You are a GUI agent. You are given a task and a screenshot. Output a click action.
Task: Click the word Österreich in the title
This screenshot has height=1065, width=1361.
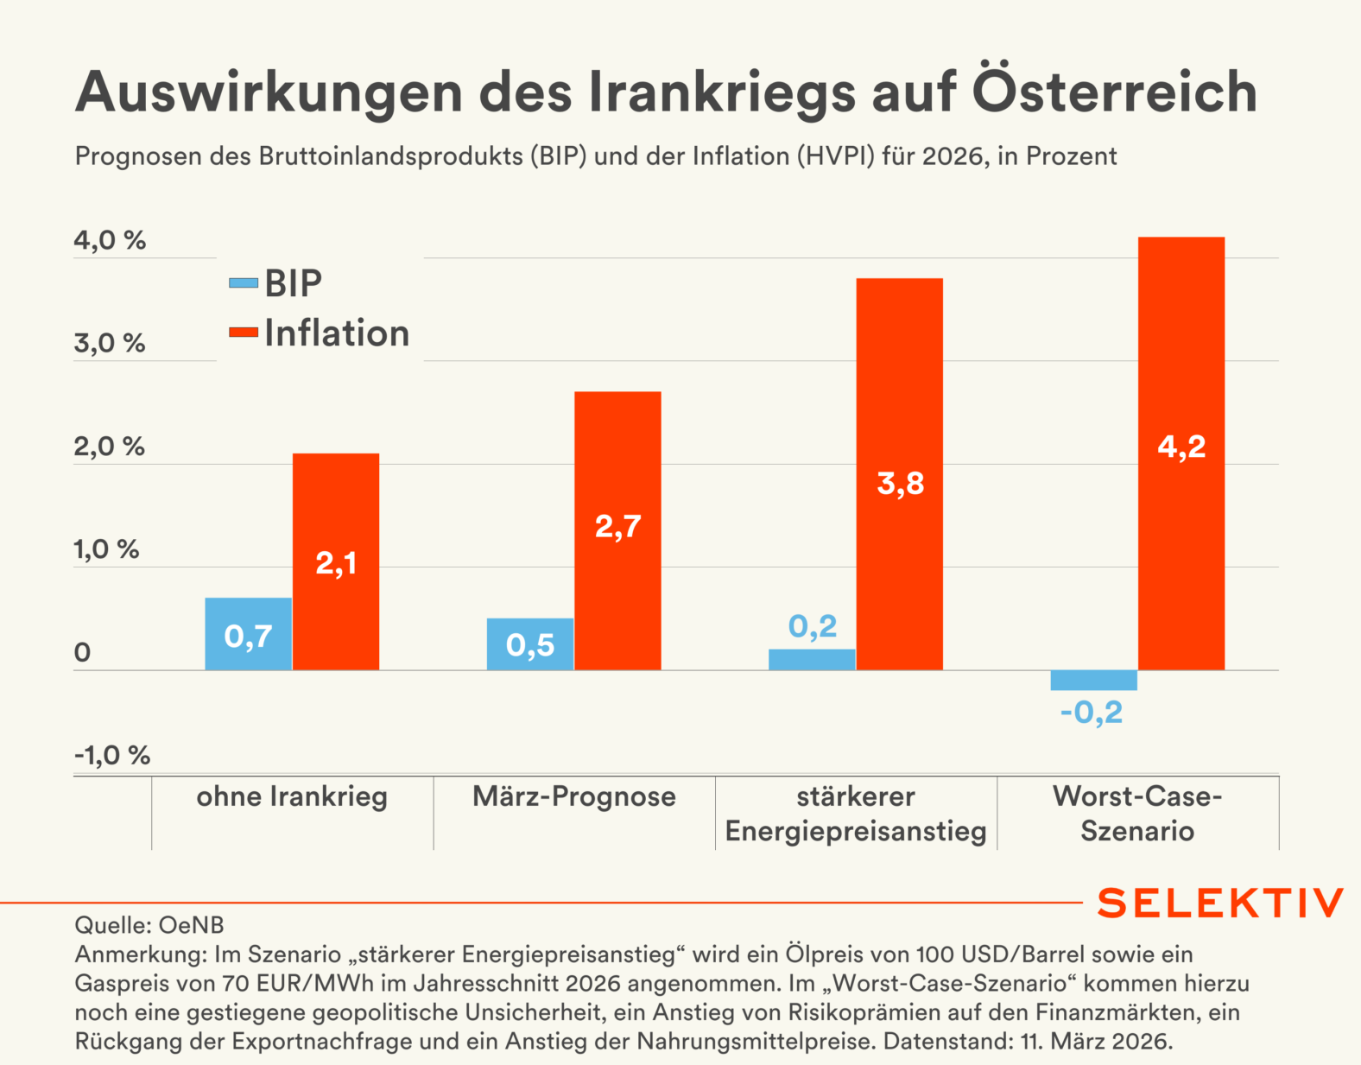coord(1114,91)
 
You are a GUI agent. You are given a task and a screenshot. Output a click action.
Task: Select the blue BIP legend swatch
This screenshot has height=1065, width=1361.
coord(244,283)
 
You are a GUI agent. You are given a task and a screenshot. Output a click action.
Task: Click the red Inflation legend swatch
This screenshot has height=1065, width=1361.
coord(244,333)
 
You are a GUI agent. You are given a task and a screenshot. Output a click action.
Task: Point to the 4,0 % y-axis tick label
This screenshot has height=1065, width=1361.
coord(110,240)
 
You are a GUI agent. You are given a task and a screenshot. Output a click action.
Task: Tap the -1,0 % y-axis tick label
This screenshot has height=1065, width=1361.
coord(112,756)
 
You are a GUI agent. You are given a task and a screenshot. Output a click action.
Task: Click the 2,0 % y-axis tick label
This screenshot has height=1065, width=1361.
coord(110,447)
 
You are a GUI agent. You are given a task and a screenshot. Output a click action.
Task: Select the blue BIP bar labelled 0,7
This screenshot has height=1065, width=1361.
coord(248,634)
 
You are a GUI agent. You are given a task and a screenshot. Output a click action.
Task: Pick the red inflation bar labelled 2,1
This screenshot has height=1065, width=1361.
coord(336,561)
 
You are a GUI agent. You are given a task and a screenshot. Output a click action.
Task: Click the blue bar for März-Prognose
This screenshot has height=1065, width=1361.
coord(530,643)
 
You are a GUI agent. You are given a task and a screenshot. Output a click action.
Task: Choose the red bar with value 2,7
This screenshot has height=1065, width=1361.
coord(617,530)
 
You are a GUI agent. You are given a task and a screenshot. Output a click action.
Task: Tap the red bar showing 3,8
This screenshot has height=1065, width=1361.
coord(900,473)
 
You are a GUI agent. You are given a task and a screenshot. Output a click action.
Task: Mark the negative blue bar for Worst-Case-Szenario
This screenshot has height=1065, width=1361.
coord(1093,680)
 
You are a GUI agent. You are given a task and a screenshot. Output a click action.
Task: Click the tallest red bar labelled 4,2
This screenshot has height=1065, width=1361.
coord(1181,453)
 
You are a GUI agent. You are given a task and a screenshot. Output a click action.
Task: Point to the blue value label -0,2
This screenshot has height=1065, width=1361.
coord(1092,713)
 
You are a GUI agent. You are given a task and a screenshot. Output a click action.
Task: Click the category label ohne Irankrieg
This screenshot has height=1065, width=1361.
coord(292,796)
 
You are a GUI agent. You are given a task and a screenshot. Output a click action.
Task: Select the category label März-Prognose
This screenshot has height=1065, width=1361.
coord(574,796)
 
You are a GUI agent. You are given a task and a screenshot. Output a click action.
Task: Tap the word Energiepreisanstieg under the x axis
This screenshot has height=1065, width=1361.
coord(856,831)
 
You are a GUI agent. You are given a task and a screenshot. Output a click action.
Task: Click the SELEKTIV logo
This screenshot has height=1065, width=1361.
coord(1220,903)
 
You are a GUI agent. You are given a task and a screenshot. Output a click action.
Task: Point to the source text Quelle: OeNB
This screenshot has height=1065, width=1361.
coord(149,925)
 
